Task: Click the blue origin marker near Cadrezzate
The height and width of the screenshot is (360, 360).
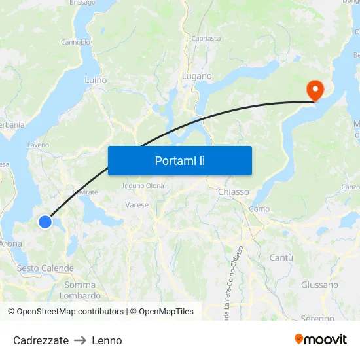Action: (x=45, y=222)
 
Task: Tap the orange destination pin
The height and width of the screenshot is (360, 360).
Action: (x=315, y=89)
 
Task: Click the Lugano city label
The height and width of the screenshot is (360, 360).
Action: (x=196, y=76)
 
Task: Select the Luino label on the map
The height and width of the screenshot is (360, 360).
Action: (x=96, y=80)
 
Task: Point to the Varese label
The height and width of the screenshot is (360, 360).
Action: (x=137, y=205)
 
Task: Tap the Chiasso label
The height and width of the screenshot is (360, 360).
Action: (x=233, y=192)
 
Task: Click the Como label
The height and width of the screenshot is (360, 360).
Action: (x=259, y=209)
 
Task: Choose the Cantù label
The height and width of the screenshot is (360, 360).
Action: (x=281, y=258)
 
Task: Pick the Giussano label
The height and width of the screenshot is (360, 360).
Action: (x=319, y=285)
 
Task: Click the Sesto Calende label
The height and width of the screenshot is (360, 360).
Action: (x=45, y=268)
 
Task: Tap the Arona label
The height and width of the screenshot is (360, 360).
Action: (x=11, y=243)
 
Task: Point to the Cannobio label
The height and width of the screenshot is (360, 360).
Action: (x=75, y=42)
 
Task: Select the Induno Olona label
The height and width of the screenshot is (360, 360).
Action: (x=143, y=185)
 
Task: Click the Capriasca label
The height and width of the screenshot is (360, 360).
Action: (x=206, y=38)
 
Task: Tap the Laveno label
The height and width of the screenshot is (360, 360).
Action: (x=39, y=145)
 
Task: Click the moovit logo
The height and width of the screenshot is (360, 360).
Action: (x=320, y=339)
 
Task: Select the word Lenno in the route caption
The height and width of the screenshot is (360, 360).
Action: (x=107, y=340)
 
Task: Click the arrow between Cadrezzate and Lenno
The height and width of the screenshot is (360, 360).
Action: (x=81, y=340)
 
